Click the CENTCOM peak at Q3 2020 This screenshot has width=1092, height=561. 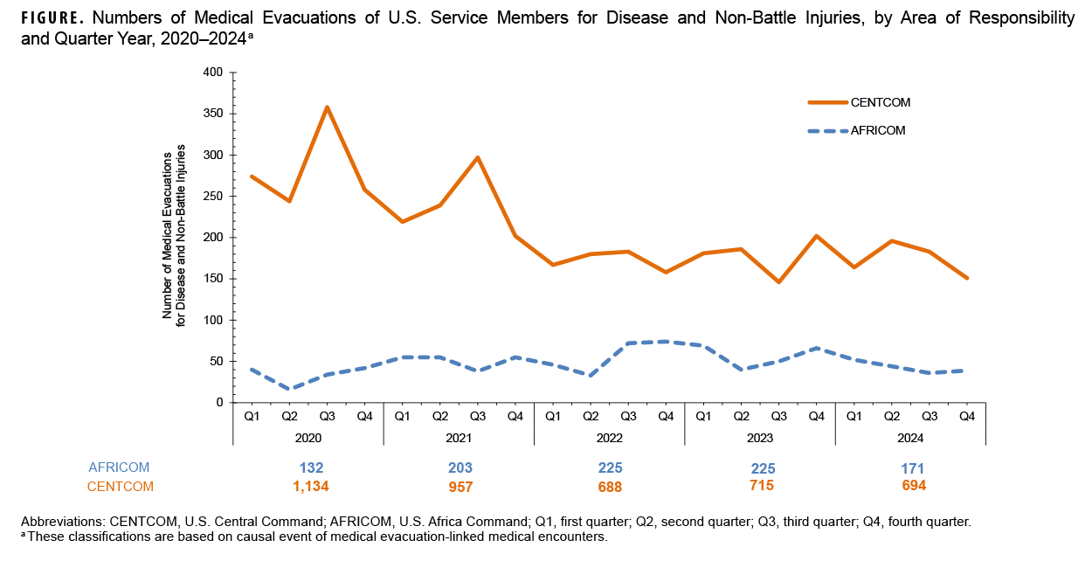[327, 107]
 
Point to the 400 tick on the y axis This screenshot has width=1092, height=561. [212, 73]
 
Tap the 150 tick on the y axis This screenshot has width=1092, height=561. [212, 279]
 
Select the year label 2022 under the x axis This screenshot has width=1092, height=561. [609, 437]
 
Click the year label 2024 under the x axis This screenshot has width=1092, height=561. [910, 437]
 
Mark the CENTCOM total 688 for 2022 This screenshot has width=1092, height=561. [609, 487]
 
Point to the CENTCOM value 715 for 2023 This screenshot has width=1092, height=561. [760, 485]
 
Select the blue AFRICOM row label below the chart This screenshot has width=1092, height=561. [120, 467]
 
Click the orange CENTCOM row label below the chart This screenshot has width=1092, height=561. [120, 487]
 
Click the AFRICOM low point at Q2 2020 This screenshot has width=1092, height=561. [289, 389]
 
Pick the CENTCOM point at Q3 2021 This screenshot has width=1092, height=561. [477, 157]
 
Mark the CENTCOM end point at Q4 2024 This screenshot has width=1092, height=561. [967, 278]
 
